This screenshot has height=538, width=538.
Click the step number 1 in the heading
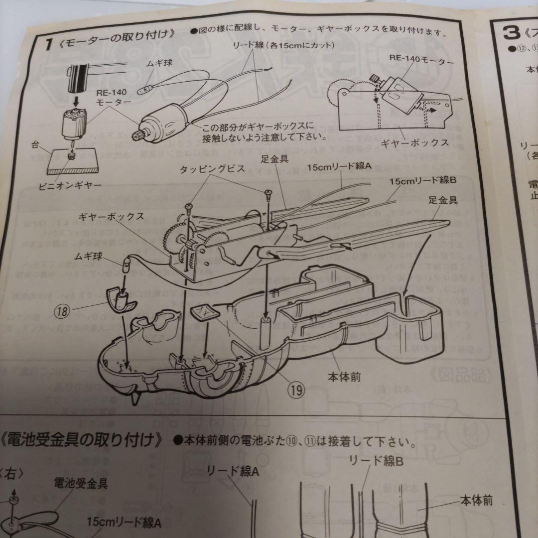click(x=48, y=44)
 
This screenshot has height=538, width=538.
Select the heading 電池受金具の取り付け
click(x=82, y=440)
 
